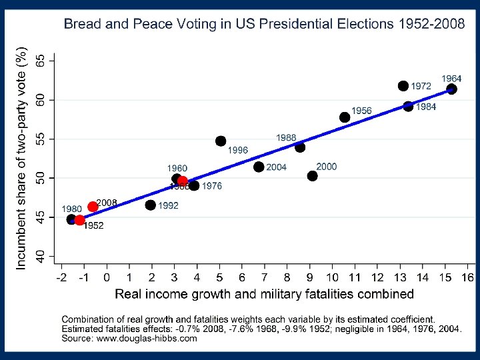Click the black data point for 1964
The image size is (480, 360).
click(451, 89)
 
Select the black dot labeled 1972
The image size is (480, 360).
click(403, 86)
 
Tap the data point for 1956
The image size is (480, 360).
click(345, 117)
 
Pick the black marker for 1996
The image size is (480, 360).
click(221, 141)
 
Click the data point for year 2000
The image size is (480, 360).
click(313, 176)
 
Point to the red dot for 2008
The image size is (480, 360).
click(93, 207)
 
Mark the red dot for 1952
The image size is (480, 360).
click(80, 220)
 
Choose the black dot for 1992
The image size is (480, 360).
click(151, 205)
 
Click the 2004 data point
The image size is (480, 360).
click(259, 167)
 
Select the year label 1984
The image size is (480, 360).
click(426, 107)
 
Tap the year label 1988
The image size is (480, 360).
click(286, 137)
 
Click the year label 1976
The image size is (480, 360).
click(212, 186)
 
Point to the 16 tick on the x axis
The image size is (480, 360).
click(467, 277)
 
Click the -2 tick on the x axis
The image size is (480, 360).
click(62, 277)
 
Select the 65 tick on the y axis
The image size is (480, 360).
click(41, 61)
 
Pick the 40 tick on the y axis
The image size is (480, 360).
click(41, 256)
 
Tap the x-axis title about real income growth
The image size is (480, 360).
click(265, 293)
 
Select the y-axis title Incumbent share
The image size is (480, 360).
click(21, 159)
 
